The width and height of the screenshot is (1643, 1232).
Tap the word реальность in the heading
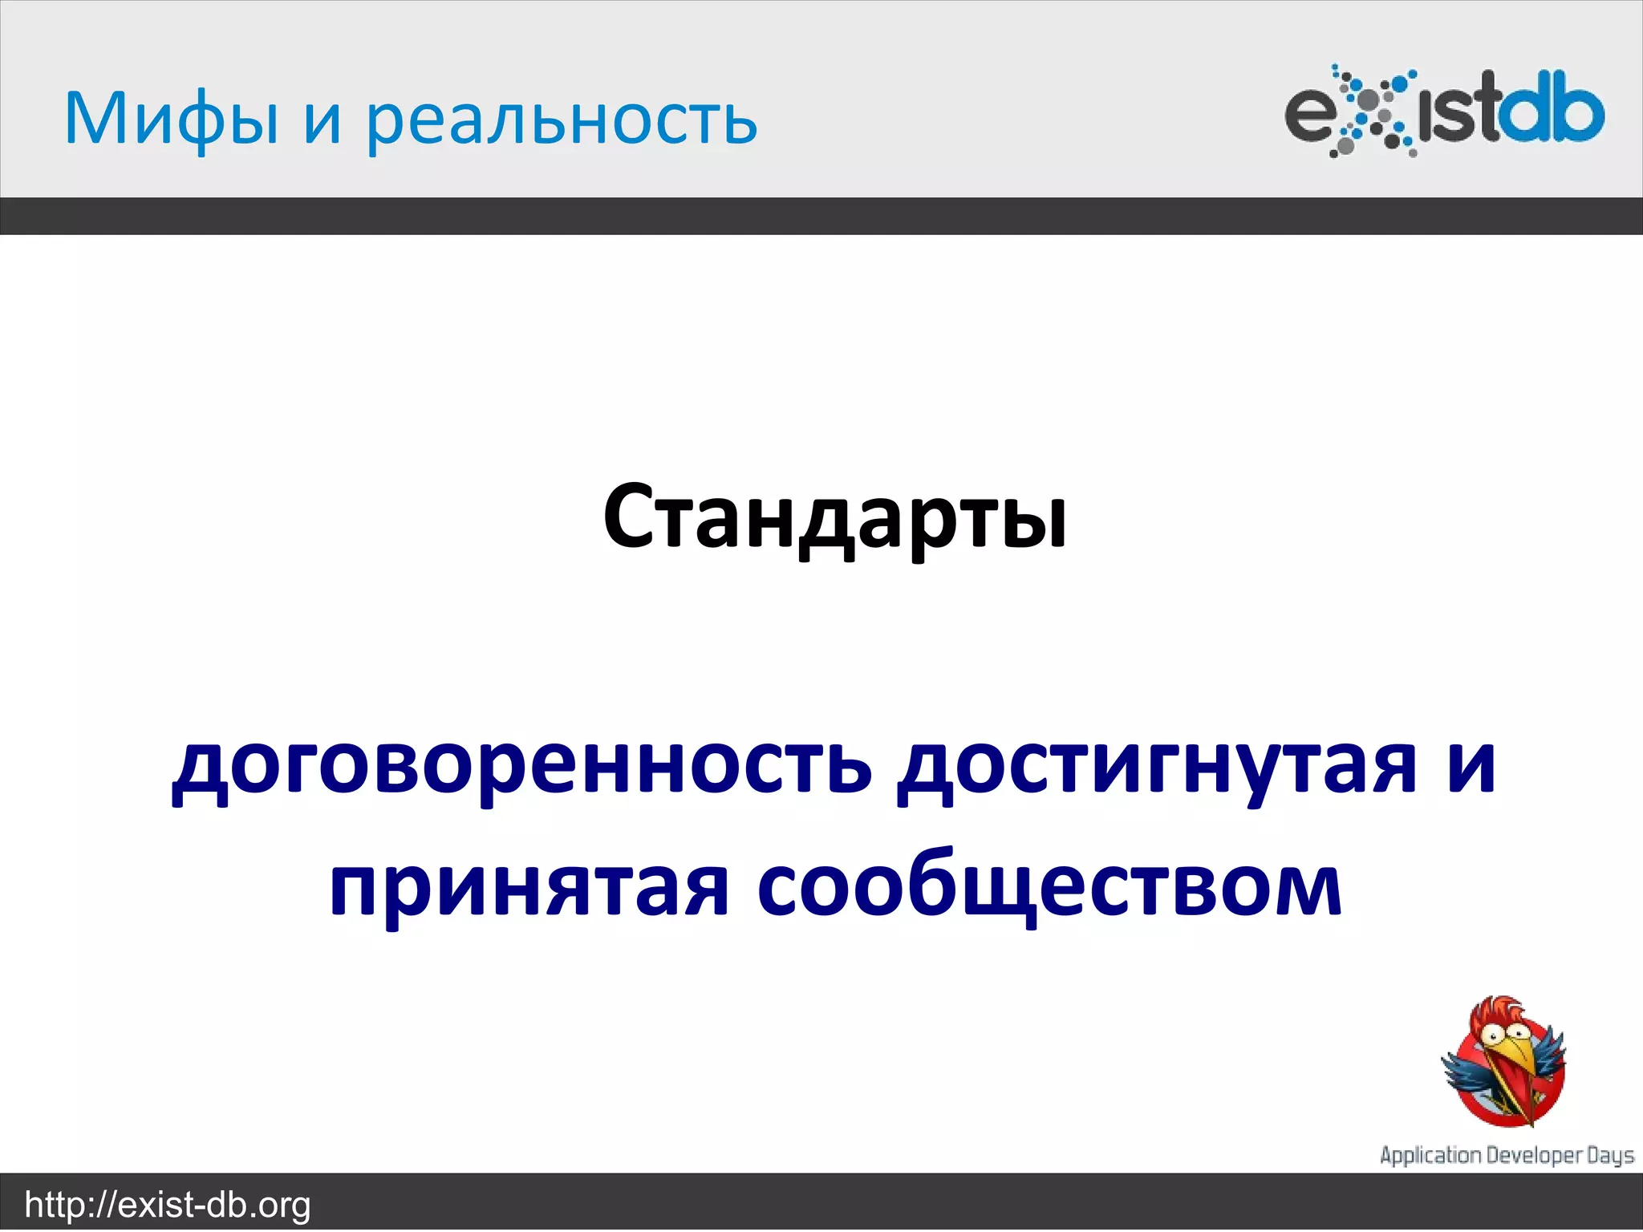coord(562,120)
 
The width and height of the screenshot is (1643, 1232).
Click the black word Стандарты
coord(834,517)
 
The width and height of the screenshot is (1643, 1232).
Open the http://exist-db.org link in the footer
coord(168,1205)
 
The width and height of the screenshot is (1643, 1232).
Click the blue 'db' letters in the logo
coord(1552,112)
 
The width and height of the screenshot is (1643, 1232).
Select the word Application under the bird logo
coord(1430,1156)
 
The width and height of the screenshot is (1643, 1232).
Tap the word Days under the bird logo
coord(1611,1156)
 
